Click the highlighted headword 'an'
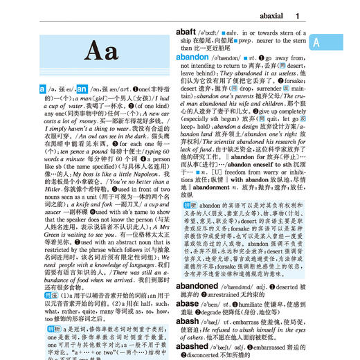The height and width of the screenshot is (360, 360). (81, 89)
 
